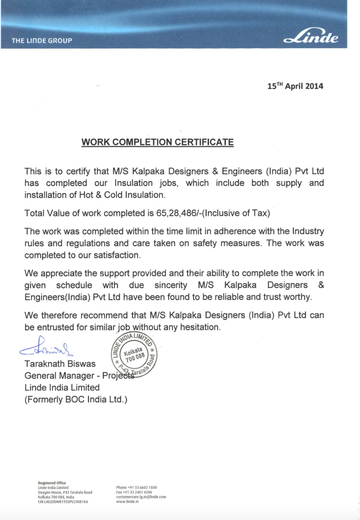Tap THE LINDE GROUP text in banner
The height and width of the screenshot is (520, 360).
coord(42,40)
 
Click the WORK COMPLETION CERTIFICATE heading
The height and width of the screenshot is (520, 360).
coord(157,142)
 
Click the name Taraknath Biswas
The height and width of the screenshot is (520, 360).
coord(60,364)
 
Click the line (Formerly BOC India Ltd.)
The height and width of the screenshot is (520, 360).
coord(76,400)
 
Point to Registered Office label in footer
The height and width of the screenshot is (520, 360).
coord(52,483)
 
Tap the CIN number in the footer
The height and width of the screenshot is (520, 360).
coord(63,502)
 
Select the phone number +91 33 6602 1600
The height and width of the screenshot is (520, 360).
coord(136,488)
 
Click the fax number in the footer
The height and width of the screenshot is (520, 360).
coord(134,492)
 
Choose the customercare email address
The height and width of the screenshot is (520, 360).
coord(141,497)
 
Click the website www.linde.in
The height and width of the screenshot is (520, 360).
coord(127,502)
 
